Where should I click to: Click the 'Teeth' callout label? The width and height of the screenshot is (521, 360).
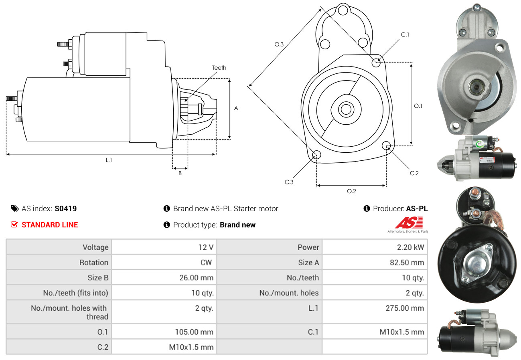pos(219,68)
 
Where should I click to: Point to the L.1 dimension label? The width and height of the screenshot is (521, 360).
pos(109,160)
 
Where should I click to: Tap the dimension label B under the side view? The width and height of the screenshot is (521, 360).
pos(180,173)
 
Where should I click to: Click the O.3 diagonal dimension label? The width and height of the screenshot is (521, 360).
pos(279,44)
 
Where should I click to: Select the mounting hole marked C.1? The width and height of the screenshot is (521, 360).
pos(376,63)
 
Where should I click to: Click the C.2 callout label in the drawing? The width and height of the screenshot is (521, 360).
pos(414,173)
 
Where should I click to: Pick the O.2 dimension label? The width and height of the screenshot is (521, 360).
pos(351,191)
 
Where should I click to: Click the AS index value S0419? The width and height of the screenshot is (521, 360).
pos(66,208)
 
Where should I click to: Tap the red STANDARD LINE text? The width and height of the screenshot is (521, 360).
pos(50,225)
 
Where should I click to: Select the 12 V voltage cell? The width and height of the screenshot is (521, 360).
pos(206,247)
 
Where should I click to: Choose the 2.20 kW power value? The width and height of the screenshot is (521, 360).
pos(410,247)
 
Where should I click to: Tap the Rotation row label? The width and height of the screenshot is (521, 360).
pos(93,263)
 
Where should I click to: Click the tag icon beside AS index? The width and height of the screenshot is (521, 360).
pos(15,208)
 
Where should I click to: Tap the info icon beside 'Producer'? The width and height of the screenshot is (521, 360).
pos(367,208)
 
